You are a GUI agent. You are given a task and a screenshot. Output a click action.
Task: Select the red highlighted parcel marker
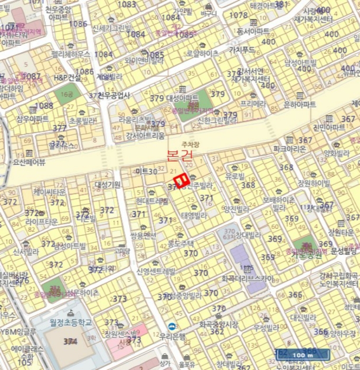pos(182,181)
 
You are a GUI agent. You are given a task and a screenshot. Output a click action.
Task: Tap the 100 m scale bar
pos(301,355)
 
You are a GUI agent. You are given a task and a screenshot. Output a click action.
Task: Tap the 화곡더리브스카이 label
pos(247,278)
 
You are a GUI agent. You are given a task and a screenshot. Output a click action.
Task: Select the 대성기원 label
pos(108,184)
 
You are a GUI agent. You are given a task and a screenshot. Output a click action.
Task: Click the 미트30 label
pos(146,171)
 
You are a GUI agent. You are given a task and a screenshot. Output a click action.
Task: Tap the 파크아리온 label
pos(290,149)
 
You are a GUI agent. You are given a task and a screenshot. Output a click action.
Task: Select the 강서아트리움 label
pos(146,136)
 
